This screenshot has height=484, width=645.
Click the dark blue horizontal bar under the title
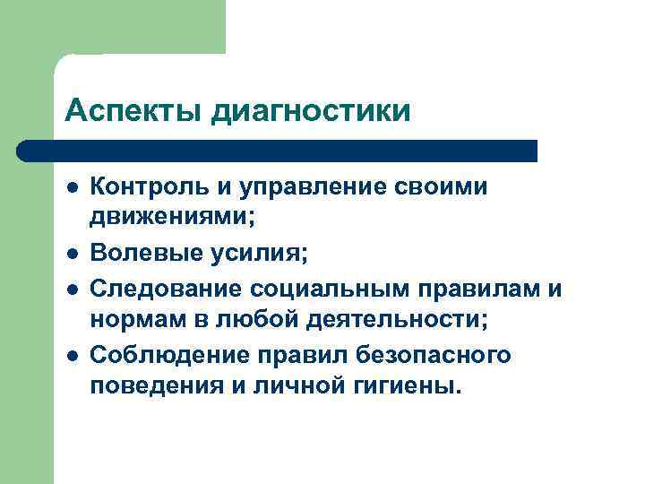278,151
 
